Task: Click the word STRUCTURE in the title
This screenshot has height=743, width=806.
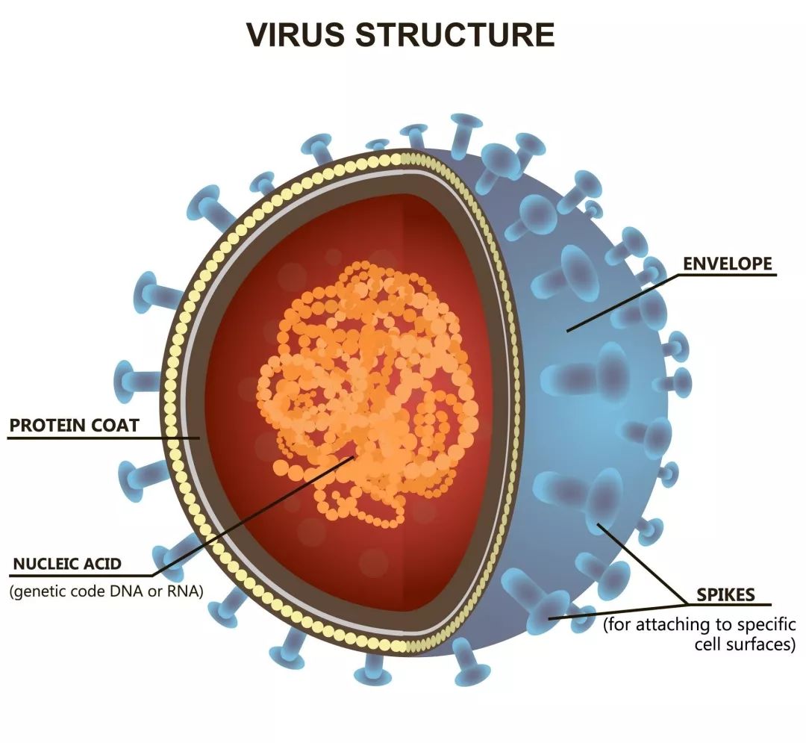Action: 455,34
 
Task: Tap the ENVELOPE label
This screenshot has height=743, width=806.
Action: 728,264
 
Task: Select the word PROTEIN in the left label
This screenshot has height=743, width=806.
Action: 47,426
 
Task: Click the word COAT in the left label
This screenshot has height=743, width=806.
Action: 115,426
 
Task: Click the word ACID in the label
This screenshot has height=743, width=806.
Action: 102,564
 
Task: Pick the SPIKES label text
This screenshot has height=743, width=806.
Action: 726,595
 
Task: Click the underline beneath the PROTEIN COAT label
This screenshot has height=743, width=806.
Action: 103,438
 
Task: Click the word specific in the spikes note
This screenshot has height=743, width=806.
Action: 766,625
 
